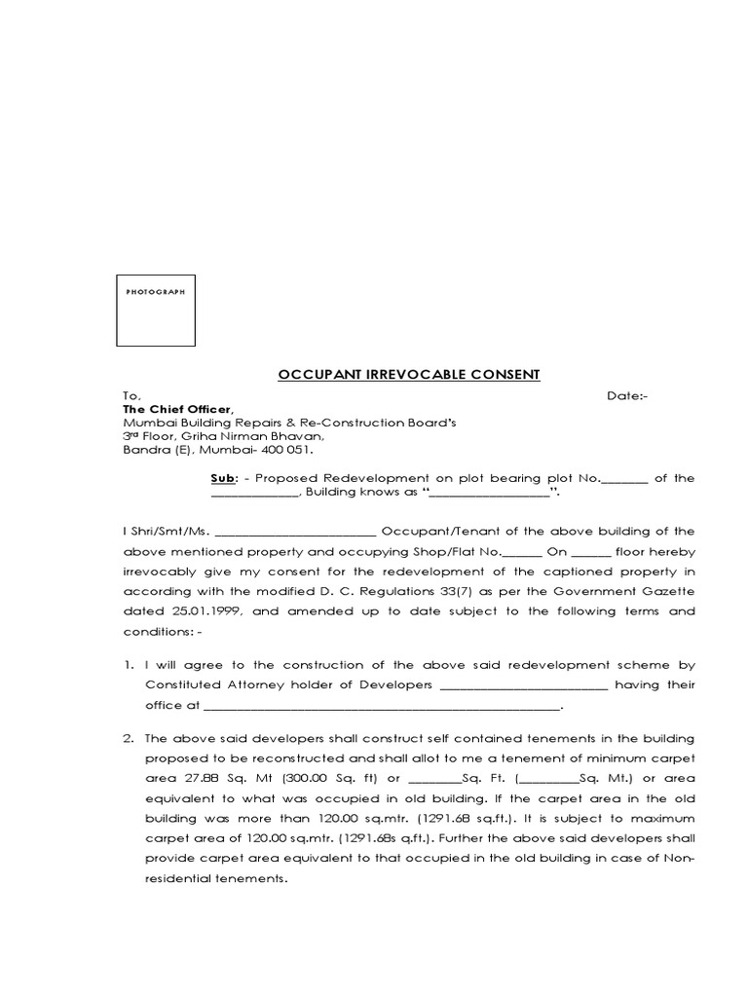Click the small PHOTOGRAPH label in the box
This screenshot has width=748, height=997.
pyautogui.click(x=156, y=291)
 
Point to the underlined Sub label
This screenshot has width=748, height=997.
pyautogui.click(x=222, y=478)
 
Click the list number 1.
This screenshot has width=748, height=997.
pyautogui.click(x=127, y=666)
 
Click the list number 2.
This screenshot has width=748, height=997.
pyautogui.click(x=127, y=738)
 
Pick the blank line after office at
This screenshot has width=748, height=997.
pyautogui.click(x=381, y=707)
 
